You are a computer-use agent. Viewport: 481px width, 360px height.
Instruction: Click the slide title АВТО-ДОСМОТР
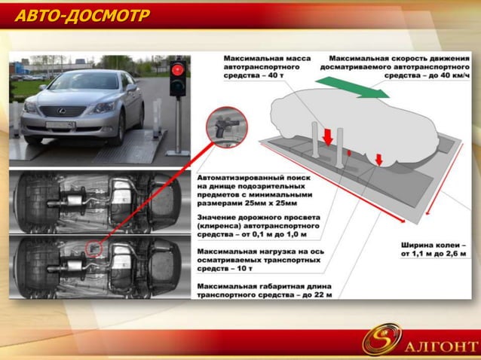[x=82, y=16]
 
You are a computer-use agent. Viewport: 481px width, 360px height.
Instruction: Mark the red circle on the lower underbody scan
[x=93, y=248]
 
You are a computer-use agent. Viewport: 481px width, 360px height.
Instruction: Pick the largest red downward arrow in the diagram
[x=328, y=136]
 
